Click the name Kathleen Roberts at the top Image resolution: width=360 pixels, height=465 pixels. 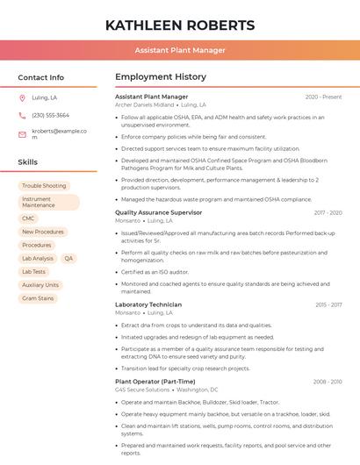point(179,25)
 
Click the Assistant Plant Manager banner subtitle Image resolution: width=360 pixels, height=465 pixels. point(180,50)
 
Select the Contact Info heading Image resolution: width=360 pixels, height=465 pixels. point(40,77)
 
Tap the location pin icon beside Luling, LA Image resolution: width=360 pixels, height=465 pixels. point(22,98)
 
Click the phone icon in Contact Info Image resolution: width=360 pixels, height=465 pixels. point(22,116)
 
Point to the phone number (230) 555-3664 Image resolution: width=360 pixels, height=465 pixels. point(50,116)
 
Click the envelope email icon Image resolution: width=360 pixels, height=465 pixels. point(22,134)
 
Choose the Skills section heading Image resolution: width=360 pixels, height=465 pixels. point(27,162)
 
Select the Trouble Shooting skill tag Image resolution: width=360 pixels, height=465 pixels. point(44,186)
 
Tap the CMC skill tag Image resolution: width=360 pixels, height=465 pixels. point(28,218)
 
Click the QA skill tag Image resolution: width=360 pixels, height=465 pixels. point(68,259)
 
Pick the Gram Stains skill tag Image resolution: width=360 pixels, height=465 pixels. point(38,298)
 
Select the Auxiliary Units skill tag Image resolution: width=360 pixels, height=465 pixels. point(40,285)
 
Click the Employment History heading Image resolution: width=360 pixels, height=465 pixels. point(161,77)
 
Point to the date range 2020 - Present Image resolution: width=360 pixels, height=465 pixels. point(323,97)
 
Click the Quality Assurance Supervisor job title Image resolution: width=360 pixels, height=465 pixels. point(158,212)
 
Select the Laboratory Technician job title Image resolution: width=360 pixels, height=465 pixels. point(148,304)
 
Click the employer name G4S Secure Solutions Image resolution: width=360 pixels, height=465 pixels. point(142,390)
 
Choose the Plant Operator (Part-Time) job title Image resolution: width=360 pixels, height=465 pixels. point(155,382)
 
